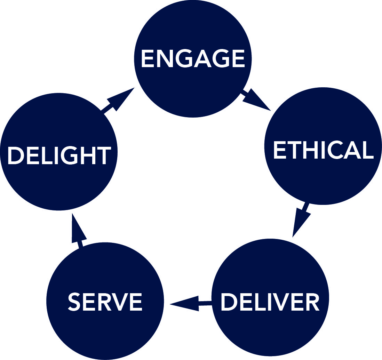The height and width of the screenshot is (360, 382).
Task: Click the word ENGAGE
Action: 193,58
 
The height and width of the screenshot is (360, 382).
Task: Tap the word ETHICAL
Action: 323,150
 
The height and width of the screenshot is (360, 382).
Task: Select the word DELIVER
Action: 270,302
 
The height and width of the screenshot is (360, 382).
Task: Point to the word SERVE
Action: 105,302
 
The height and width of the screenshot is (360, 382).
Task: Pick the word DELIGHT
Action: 59,155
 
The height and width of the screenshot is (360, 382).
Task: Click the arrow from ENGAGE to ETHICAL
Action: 256,100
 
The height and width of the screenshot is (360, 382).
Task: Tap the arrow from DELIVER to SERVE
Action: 191,303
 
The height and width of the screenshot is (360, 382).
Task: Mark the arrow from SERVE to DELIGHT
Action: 78,230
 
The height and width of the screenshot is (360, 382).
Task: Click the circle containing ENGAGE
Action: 193,59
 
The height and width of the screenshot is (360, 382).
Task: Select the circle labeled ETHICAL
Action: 323,146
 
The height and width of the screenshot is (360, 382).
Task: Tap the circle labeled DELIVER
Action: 270,297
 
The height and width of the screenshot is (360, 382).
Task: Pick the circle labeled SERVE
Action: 105,301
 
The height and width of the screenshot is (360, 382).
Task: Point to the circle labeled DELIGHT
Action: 59,152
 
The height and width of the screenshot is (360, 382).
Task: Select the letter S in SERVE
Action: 74,302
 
